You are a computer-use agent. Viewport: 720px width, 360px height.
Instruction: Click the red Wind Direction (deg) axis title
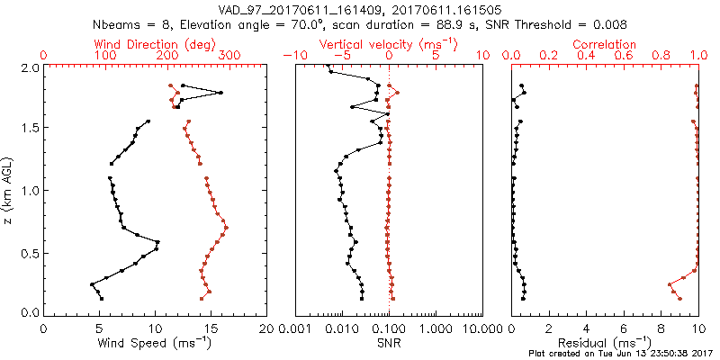(x=156, y=44)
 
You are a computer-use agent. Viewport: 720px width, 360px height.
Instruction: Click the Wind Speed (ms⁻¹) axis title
(x=156, y=343)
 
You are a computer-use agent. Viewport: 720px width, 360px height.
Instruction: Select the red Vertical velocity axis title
(x=390, y=44)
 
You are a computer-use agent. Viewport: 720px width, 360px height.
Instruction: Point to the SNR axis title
(x=389, y=343)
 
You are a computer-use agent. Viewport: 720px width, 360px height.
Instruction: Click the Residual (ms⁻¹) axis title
(x=605, y=343)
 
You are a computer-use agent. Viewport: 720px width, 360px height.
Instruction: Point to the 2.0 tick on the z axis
(x=29, y=67)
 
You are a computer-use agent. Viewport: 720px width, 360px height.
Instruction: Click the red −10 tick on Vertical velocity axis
(x=292, y=56)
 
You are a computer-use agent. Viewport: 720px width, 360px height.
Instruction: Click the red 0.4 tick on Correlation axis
(x=587, y=56)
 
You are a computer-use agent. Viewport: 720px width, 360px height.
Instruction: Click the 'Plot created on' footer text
(x=628, y=354)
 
